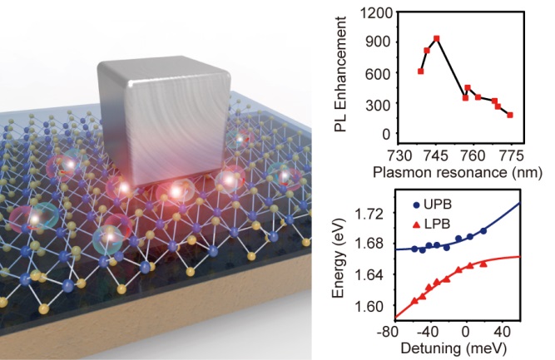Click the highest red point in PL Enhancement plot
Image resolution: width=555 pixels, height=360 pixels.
point(437,38)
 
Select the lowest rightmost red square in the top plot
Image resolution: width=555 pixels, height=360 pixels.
point(510,115)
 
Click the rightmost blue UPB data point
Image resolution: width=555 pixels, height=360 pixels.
point(483,230)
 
